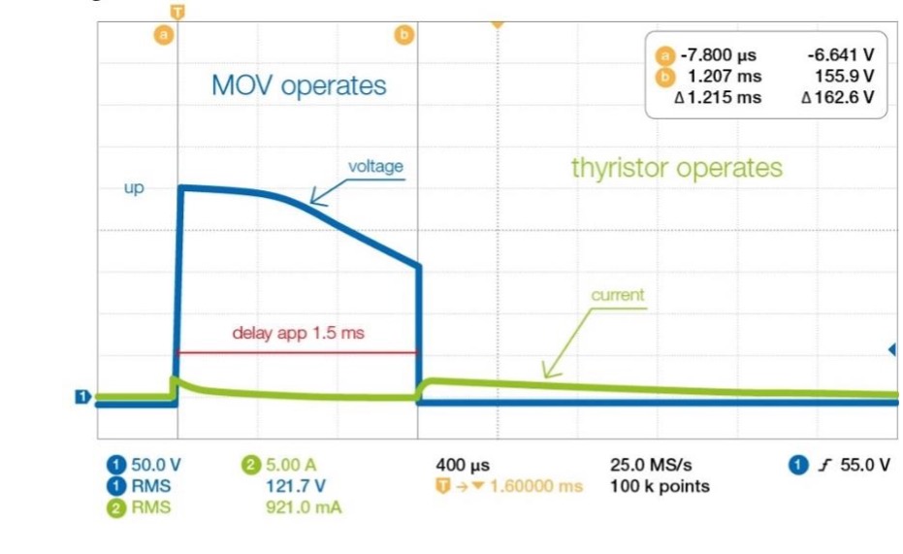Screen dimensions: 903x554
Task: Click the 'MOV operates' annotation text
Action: [x=299, y=85]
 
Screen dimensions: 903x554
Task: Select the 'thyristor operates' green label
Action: [x=677, y=168]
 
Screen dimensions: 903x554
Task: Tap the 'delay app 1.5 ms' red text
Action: [x=299, y=333]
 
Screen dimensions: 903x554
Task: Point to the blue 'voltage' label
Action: [x=375, y=167]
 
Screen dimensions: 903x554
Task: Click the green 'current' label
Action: [x=618, y=295]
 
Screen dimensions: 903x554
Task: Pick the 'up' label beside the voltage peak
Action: [x=134, y=188]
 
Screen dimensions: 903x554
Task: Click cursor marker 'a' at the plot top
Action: [x=164, y=35]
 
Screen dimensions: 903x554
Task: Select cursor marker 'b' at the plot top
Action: [x=404, y=35]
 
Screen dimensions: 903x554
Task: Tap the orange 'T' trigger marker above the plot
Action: [x=177, y=12]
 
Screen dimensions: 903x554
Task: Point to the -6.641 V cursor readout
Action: [x=841, y=55]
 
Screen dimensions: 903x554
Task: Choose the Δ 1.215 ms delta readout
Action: [x=718, y=97]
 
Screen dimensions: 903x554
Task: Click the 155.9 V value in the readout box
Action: [x=844, y=76]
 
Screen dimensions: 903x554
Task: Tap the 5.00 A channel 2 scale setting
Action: [x=291, y=465]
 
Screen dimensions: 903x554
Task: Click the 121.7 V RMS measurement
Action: [x=296, y=486]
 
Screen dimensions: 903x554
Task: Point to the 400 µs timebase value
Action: [x=463, y=465]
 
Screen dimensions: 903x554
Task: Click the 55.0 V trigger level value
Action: [x=865, y=465]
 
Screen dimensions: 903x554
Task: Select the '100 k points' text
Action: [x=660, y=487]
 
